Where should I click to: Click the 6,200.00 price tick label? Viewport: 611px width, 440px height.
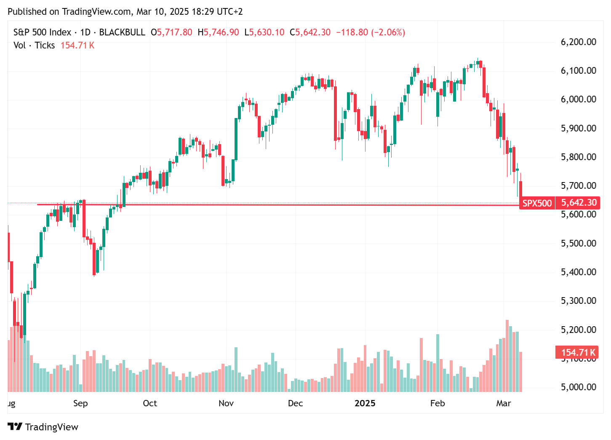click(578, 42)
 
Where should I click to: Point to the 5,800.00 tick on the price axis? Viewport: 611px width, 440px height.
click(578, 157)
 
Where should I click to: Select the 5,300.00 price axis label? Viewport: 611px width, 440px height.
click(578, 300)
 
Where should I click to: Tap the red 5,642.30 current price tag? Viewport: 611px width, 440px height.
click(579, 203)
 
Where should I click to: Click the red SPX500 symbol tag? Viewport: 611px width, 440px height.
click(537, 203)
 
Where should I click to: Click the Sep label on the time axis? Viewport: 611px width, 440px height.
click(80, 403)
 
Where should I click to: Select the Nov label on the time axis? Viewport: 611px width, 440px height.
click(226, 403)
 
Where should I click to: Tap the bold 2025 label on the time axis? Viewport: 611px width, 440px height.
click(365, 403)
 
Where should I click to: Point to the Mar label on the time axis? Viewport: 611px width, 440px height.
click(503, 403)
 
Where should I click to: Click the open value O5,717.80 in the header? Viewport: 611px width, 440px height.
click(171, 32)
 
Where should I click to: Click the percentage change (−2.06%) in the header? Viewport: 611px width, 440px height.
click(388, 32)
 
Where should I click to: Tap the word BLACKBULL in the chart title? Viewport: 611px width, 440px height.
click(122, 32)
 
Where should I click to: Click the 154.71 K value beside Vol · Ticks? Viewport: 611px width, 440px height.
click(77, 46)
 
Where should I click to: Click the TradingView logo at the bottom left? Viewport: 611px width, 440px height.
click(43, 427)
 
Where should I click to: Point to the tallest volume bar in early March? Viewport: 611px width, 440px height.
click(507, 356)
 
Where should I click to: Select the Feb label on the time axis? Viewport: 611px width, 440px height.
click(438, 403)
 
